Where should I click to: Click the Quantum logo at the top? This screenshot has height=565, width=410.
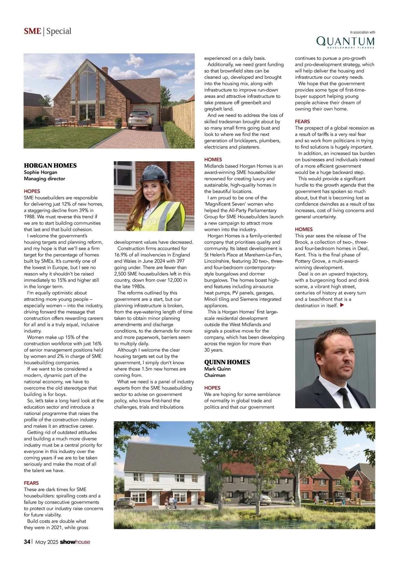click(x=345, y=42)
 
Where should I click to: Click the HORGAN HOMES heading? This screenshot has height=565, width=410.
click(x=50, y=166)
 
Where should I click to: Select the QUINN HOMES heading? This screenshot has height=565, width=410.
click(x=227, y=362)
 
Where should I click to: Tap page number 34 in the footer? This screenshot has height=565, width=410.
click(x=27, y=542)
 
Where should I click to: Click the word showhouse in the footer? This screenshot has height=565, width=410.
click(x=75, y=542)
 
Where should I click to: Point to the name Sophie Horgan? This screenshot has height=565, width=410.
click(x=40, y=172)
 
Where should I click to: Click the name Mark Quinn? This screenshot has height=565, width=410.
click(x=217, y=369)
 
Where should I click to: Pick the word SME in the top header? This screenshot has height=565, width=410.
click(x=32, y=31)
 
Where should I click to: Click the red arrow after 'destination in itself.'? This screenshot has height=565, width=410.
click(x=342, y=305)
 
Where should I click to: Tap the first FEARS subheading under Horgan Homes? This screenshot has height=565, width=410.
click(x=31, y=483)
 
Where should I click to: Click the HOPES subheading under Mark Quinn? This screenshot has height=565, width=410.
click(x=212, y=388)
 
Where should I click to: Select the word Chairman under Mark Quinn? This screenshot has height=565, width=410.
click(x=215, y=375)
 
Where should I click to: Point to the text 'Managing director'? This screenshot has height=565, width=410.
click(x=44, y=179)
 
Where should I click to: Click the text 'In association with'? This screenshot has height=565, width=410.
click(x=363, y=32)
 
